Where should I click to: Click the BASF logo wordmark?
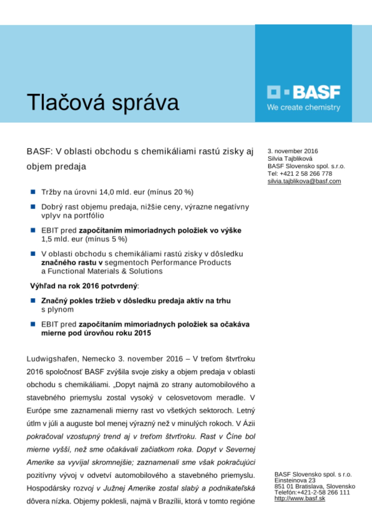316,92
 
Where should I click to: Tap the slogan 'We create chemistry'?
304,107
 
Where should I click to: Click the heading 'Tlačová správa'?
103,102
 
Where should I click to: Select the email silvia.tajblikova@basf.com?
304,181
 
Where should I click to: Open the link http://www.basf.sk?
300,498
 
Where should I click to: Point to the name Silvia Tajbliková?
290,159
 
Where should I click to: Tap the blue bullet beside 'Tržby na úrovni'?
33,192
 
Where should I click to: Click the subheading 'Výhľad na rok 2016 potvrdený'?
84,286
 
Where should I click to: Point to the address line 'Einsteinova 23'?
295,480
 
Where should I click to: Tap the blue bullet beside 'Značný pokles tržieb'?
33,300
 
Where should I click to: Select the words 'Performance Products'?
191,262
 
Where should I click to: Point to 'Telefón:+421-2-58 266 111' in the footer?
312,492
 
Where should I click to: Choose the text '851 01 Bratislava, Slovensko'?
315,486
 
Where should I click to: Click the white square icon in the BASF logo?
274,92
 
